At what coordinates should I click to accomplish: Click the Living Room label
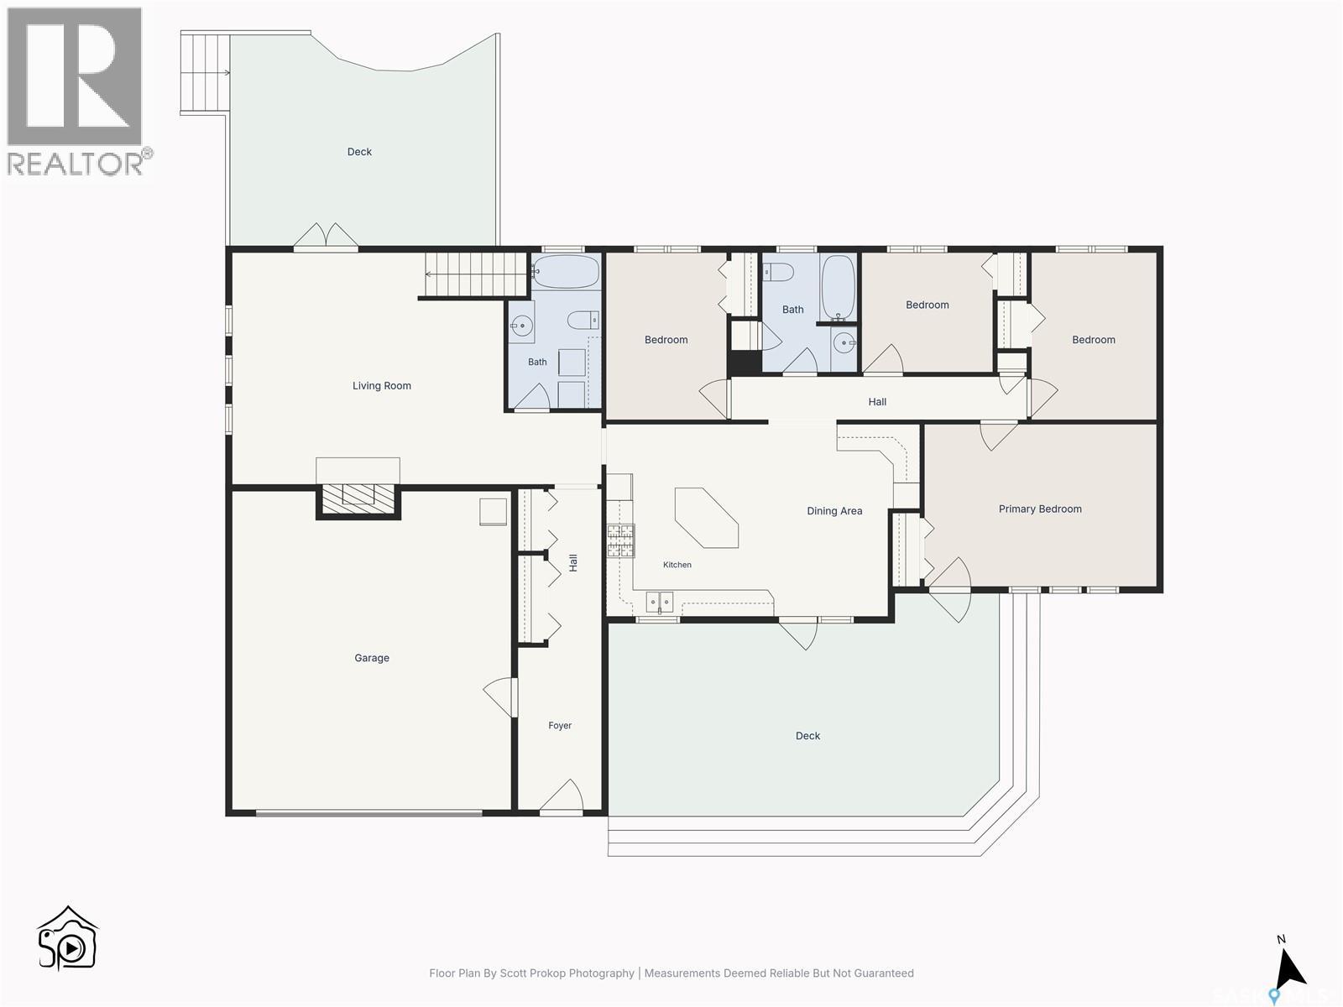pos(381,386)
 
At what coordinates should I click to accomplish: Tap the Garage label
pos(371,658)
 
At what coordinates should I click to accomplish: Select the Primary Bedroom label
pos(1039,509)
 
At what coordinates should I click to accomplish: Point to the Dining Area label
pos(834,510)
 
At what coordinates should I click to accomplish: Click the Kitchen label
pos(677,564)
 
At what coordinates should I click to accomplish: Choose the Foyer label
pos(559,725)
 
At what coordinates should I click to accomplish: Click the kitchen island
pos(706,517)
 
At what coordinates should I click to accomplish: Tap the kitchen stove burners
pos(620,540)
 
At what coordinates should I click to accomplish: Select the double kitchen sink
pos(659,602)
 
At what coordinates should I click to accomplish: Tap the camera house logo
pos(67,937)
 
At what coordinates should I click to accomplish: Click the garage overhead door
pos(369,813)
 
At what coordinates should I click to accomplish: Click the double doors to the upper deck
pos(326,236)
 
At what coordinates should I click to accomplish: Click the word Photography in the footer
pos(601,973)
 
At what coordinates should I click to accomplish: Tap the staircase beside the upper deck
pos(205,73)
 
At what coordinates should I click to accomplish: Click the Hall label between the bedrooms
pos(877,402)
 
